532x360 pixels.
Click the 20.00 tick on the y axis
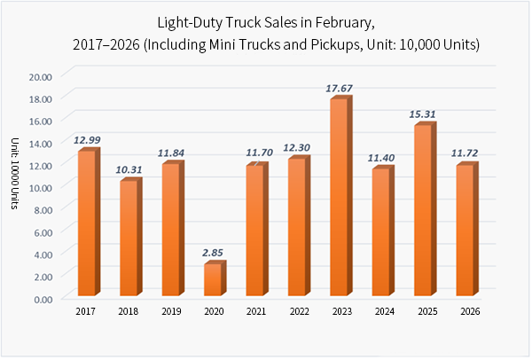click(x=41, y=75)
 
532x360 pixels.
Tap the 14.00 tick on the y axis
click(x=41, y=143)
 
